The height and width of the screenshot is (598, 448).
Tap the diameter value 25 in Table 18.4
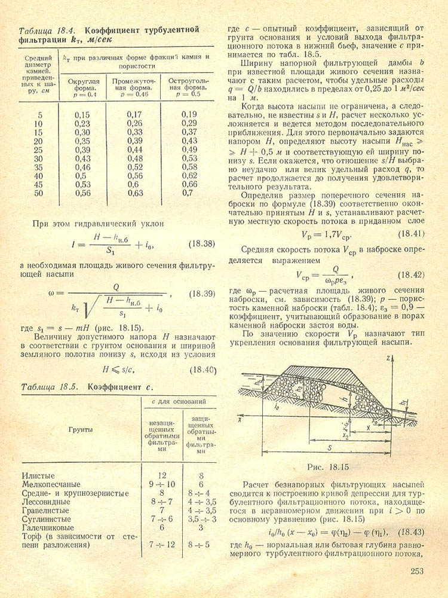point(39,149)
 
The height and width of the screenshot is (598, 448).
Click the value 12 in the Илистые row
point(161,475)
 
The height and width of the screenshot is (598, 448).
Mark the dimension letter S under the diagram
point(330,447)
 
